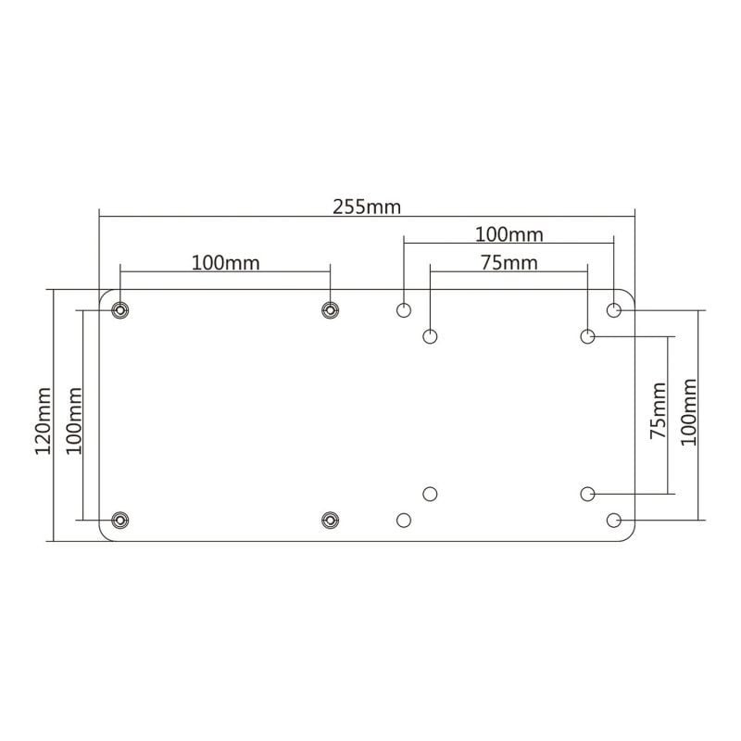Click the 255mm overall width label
click(367, 206)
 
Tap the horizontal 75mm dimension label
click(509, 262)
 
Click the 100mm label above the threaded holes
click(225, 262)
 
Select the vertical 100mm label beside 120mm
click(74, 420)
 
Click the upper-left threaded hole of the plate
click(119, 309)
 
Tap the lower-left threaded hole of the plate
click(119, 520)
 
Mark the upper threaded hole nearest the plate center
click(329, 309)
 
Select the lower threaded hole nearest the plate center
click(329, 520)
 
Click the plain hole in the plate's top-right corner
click(614, 309)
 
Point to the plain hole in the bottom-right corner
click(614, 521)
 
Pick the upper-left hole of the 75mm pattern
click(430, 336)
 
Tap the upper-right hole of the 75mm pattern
click(588, 336)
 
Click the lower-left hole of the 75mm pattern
click(430, 494)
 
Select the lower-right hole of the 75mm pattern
click(588, 494)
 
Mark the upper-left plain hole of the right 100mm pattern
click(404, 309)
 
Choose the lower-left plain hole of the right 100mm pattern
click(404, 521)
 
